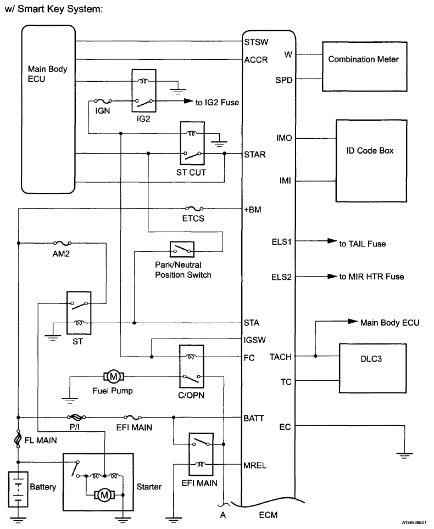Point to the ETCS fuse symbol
pos(194,209)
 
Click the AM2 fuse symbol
pos(61,243)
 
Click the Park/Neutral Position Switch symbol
pos(182,251)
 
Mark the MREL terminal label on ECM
pos(255,465)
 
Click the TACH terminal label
pos(281,357)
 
